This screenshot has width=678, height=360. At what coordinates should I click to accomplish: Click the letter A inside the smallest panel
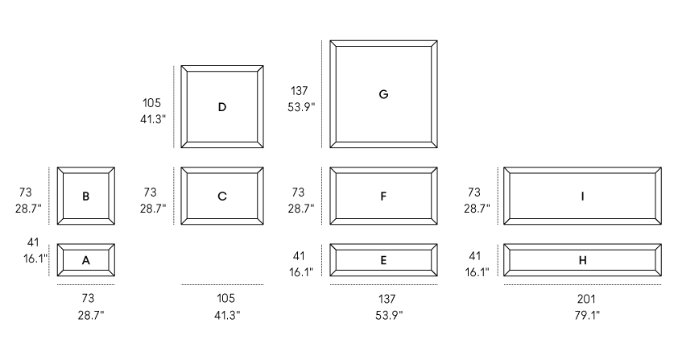pos(85,260)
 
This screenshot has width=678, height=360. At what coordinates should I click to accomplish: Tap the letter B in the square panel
pos(85,197)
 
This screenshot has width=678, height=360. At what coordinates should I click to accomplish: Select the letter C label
pos(221,197)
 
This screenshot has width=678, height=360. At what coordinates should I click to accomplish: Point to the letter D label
pos(221,107)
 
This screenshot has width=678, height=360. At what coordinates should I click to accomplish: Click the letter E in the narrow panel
pos(383,260)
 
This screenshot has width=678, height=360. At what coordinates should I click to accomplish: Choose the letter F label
pos(383,197)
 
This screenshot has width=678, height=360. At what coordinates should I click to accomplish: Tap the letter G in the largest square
pos(383,94)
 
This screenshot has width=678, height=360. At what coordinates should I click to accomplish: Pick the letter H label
pos(582,260)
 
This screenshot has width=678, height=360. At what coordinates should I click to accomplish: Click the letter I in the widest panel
pos(582,197)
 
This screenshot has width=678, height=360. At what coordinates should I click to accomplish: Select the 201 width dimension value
pos(586,299)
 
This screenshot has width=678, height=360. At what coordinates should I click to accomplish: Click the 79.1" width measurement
pos(587,316)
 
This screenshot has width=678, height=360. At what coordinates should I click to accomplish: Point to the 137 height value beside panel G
pos(300,91)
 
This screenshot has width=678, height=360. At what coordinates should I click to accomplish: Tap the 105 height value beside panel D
pos(151,103)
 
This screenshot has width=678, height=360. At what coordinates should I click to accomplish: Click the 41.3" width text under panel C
pos(227,316)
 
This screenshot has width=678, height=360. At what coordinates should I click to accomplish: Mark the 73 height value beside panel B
pos(25,192)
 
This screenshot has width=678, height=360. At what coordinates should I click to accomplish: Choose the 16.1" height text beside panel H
pos(477,272)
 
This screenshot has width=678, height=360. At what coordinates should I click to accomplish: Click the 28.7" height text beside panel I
pos(477,209)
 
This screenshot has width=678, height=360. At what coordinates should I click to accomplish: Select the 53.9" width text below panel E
pos(389,316)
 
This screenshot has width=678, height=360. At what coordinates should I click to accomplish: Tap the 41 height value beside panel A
pos(33,242)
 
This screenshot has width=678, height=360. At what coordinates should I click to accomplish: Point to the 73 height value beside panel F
pos(298,192)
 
